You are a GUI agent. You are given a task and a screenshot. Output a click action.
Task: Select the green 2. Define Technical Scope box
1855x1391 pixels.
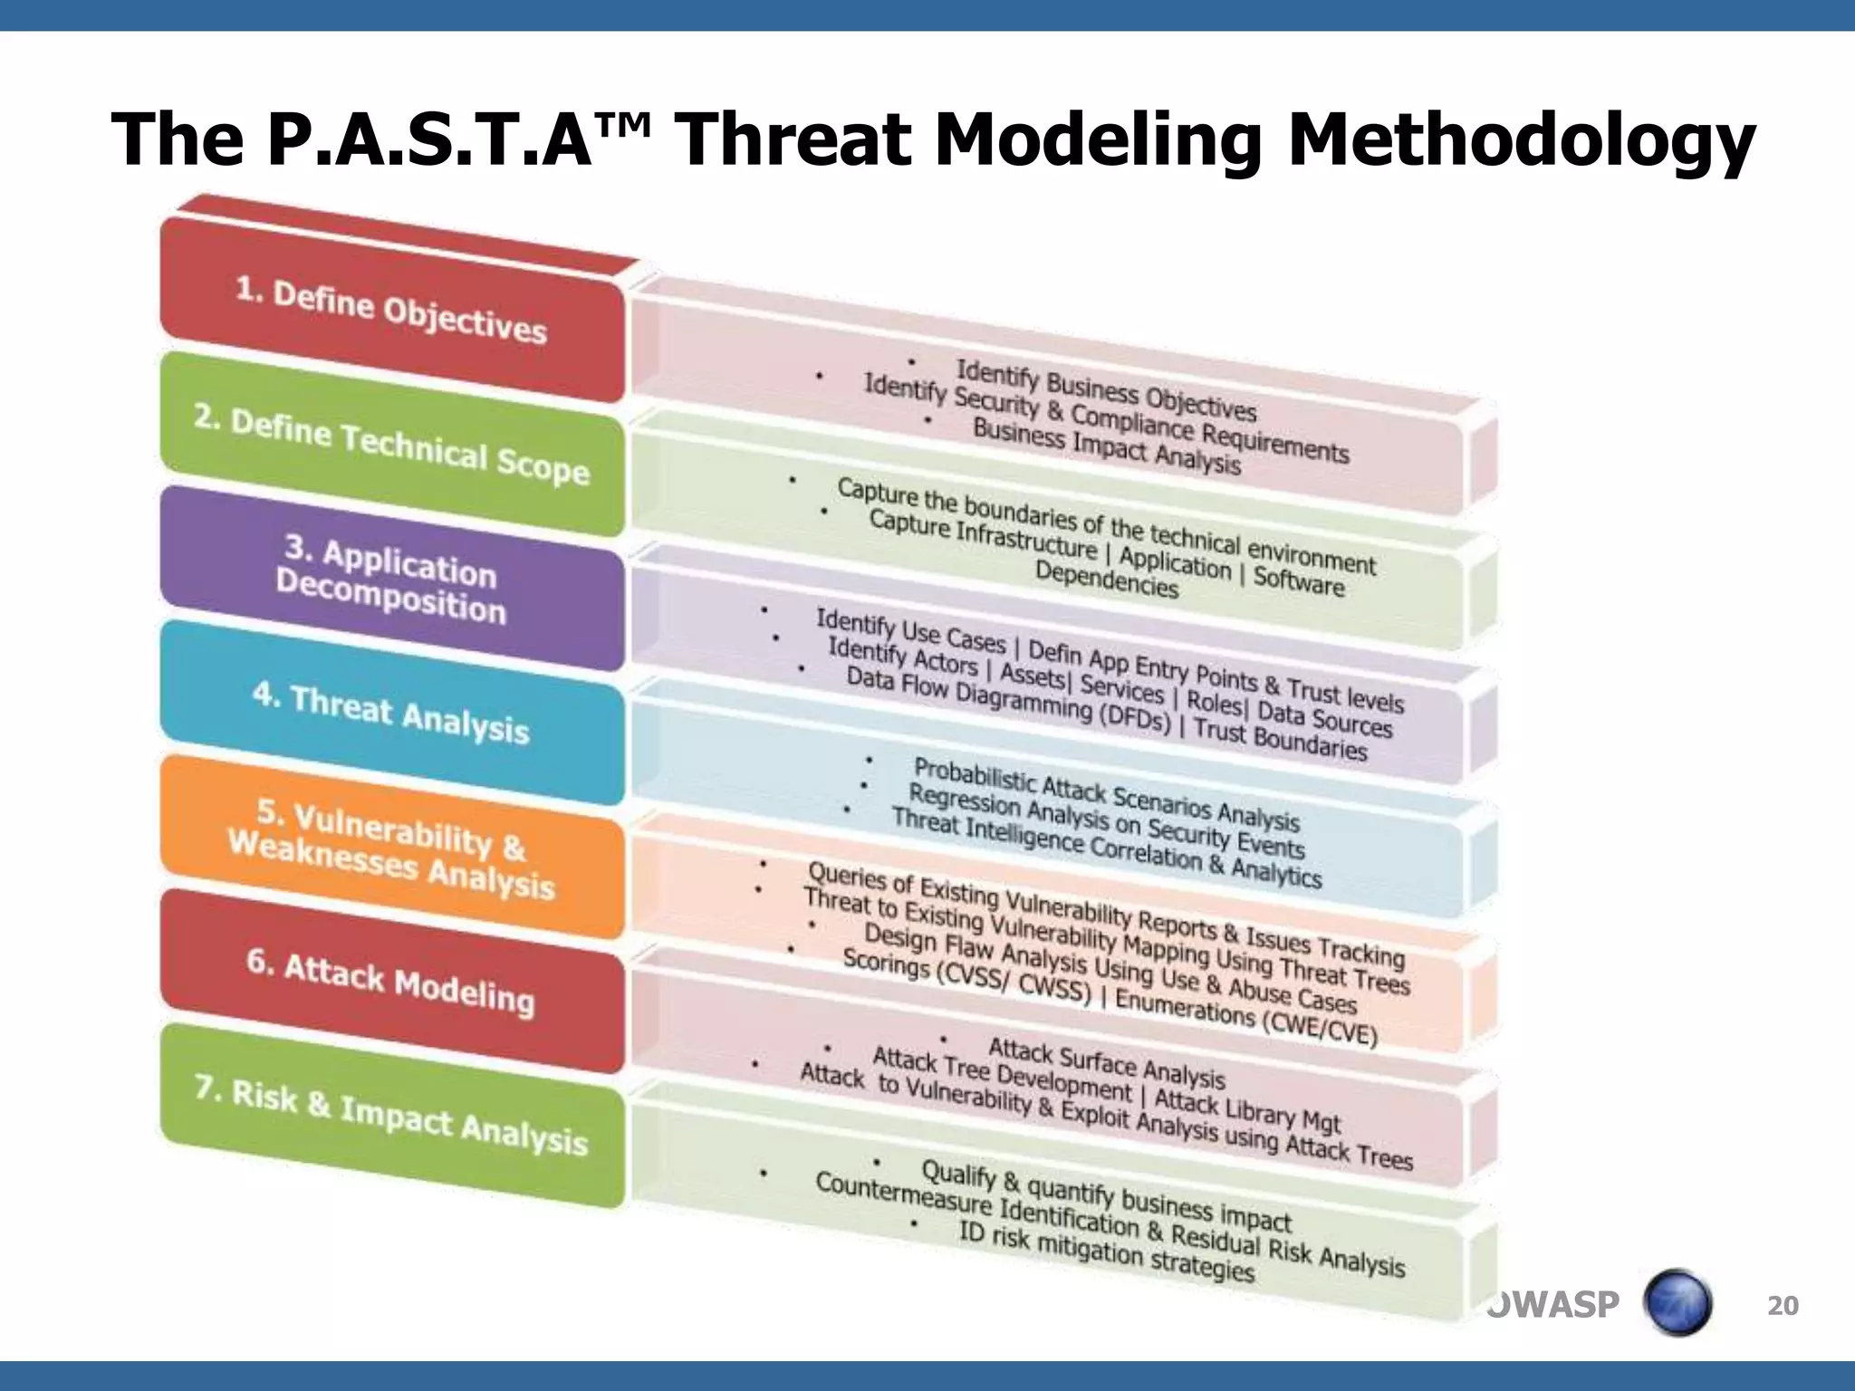[x=391, y=446]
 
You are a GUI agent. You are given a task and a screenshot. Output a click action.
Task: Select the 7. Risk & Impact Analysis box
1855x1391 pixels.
[x=391, y=1118]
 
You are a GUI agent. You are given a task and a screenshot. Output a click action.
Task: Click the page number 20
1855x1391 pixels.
[x=1783, y=1305]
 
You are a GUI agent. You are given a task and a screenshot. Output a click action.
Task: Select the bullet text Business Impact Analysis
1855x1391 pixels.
[x=1106, y=446]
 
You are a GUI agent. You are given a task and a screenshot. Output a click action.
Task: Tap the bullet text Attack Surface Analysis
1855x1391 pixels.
[x=1106, y=1064]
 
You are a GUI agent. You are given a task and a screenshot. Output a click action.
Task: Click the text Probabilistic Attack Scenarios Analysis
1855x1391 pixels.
[x=1106, y=794]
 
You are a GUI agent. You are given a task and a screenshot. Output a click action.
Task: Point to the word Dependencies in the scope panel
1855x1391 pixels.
[x=1106, y=579]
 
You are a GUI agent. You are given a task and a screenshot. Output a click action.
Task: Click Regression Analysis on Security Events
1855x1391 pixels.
[x=1106, y=820]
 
